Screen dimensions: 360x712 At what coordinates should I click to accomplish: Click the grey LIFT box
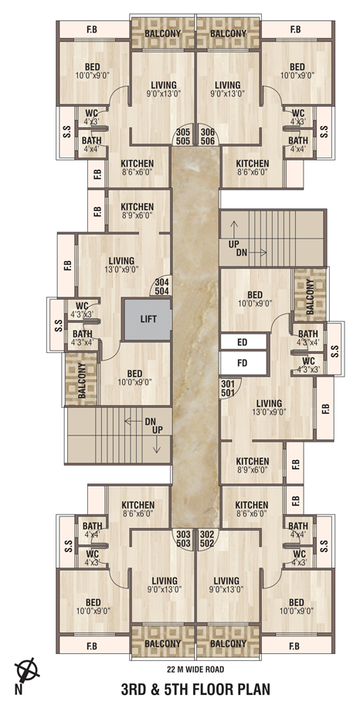click(x=148, y=319)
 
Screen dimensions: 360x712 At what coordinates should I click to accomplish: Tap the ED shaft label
click(x=243, y=342)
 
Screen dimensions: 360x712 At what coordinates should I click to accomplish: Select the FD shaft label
click(x=243, y=363)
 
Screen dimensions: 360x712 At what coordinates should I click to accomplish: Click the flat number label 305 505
click(x=182, y=137)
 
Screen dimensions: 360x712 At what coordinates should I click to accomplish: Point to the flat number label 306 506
click(x=208, y=137)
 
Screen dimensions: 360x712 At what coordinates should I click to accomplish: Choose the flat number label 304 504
click(x=162, y=286)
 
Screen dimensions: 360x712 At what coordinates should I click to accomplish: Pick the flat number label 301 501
click(x=227, y=388)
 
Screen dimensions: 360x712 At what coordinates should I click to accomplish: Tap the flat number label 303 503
click(x=183, y=538)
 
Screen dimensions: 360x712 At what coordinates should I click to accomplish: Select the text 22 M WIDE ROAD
click(x=195, y=669)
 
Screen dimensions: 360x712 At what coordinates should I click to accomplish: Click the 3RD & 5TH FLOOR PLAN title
click(x=195, y=690)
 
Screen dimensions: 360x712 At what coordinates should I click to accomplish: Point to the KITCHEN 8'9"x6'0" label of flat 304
click(x=137, y=211)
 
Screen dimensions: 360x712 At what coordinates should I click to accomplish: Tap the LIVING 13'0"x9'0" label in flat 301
click(x=269, y=407)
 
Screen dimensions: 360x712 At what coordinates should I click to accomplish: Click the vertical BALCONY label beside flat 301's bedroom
click(x=310, y=297)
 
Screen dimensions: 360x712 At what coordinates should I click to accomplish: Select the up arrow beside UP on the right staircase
click(x=234, y=231)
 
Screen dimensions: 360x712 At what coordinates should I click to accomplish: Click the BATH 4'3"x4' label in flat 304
click(x=82, y=338)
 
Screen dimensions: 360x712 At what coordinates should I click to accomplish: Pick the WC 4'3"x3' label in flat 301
click(x=308, y=365)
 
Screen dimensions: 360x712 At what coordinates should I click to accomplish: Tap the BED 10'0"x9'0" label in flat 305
click(x=93, y=71)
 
